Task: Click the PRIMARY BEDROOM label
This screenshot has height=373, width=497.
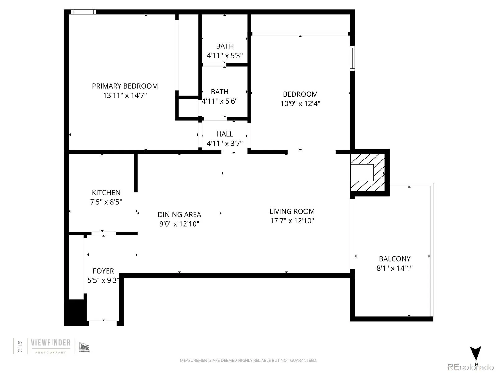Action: [x=125, y=86]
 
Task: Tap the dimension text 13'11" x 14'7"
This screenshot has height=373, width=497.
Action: [x=125, y=95]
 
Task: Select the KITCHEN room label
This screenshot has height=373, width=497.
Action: [x=106, y=192]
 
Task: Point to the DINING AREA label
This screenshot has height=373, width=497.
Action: [x=179, y=214]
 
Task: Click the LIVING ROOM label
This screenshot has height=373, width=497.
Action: [x=292, y=211]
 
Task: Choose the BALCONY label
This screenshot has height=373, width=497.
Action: [x=395, y=259]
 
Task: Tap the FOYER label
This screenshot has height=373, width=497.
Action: [x=103, y=271]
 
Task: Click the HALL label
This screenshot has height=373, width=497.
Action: [x=225, y=134]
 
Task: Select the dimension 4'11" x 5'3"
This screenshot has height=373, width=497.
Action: [x=225, y=56]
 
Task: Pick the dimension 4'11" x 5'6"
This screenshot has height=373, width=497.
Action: [x=219, y=101]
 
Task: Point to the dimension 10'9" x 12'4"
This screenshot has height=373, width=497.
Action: [x=300, y=104]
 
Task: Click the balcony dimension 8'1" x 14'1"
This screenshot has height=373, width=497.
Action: [x=395, y=268]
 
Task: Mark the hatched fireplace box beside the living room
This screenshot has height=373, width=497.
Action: [x=367, y=173]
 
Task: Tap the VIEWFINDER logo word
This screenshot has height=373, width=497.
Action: [x=51, y=343]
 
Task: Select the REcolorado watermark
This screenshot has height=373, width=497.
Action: [x=470, y=367]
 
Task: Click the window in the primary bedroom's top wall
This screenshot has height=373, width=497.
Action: [x=83, y=12]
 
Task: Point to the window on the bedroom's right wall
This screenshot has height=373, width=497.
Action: [x=353, y=58]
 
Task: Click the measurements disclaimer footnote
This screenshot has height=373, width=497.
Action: [x=248, y=360]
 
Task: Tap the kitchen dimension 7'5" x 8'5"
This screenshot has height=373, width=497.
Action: [x=106, y=202]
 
